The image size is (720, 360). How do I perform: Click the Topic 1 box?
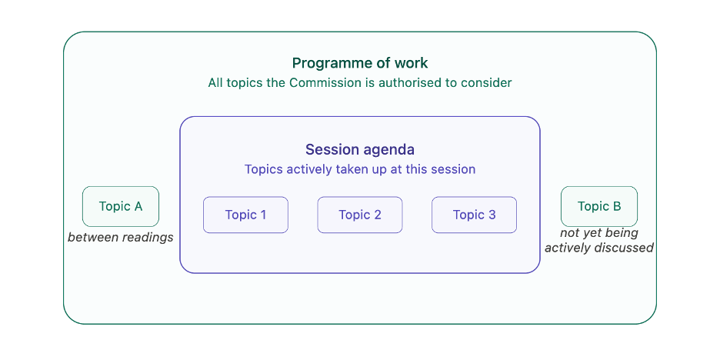245,215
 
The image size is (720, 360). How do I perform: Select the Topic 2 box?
360,215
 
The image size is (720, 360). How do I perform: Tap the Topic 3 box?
475,215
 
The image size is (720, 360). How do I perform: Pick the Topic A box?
121,207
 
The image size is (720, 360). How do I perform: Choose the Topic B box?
599,207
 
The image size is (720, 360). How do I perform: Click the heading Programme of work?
360,63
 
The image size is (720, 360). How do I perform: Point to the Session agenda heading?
360,150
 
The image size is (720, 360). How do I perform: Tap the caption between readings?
121,238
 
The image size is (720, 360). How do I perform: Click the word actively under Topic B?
568,248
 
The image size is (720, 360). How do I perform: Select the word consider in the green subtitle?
488,83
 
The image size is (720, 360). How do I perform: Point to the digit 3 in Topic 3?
492,215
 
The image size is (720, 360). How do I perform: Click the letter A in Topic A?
138,207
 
